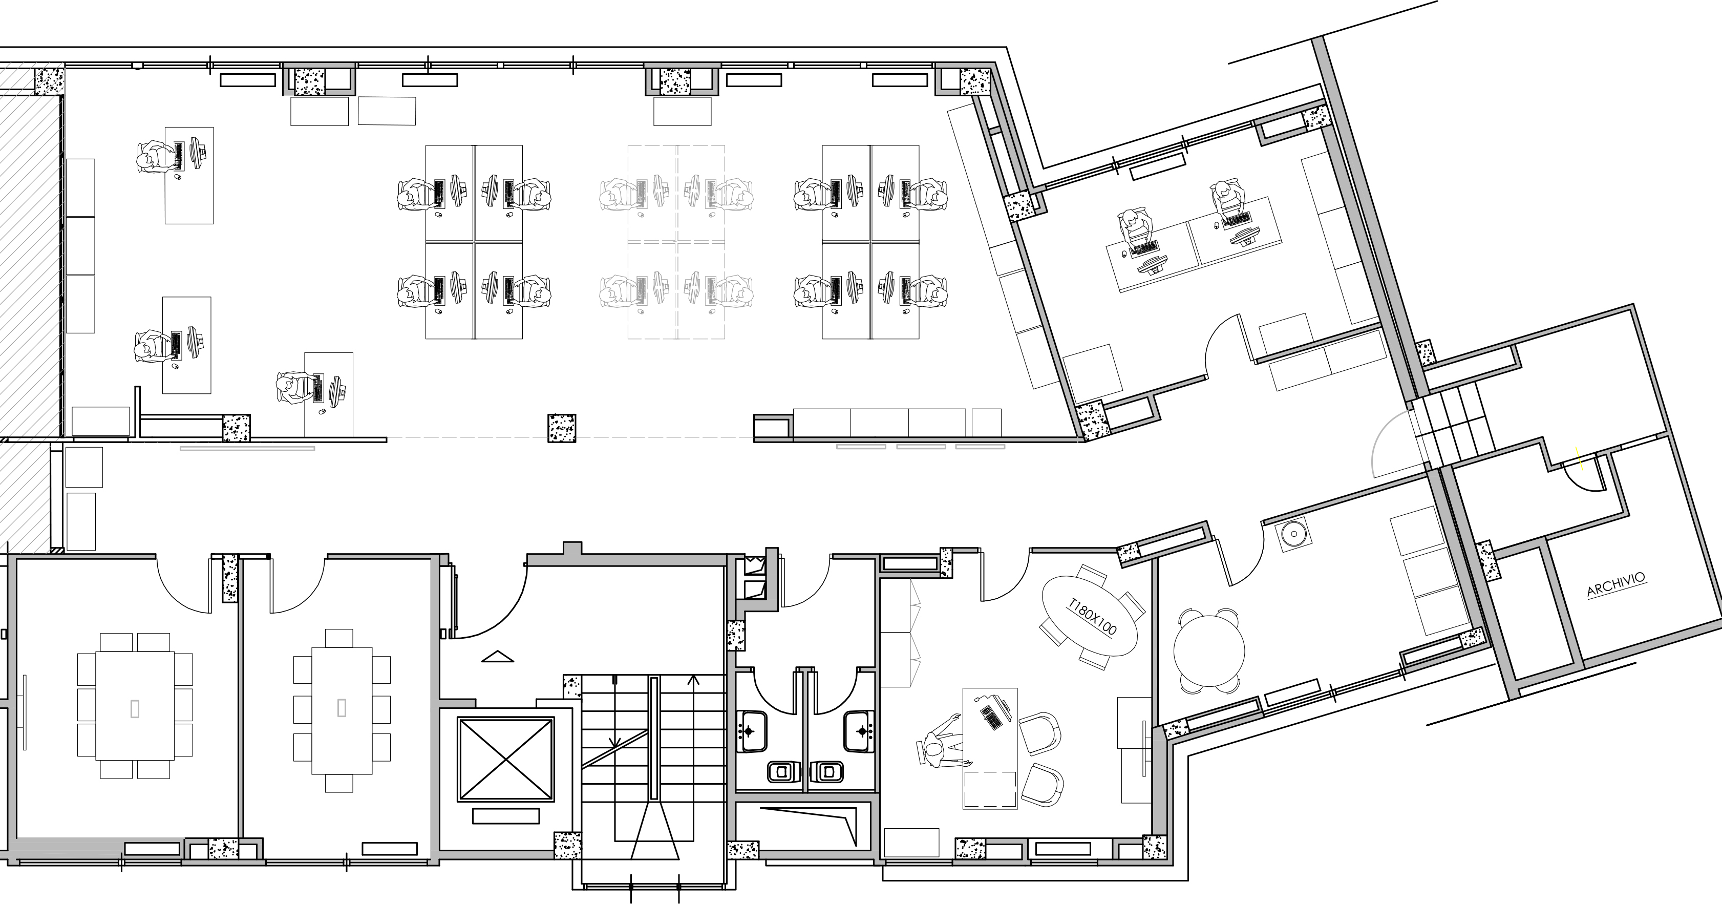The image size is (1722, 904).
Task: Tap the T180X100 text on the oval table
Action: pos(1092,617)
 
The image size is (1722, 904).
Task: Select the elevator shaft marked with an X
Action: pos(506,759)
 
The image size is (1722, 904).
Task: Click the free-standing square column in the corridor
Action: pos(562,428)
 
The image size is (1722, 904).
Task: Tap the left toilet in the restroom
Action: pos(779,772)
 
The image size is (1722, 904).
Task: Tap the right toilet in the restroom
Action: pos(826,772)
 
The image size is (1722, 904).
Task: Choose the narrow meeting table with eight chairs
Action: pos(342,710)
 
